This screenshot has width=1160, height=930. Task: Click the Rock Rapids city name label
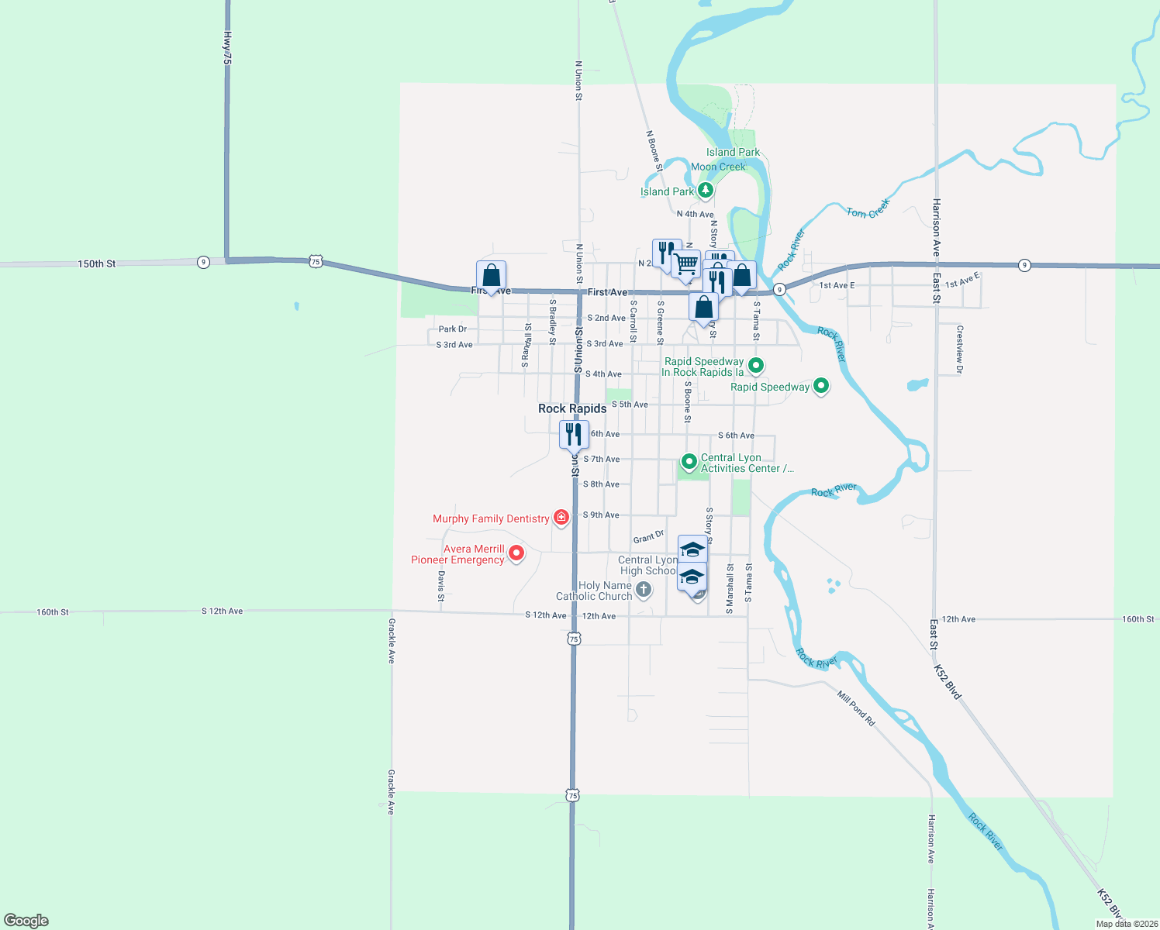coord(572,408)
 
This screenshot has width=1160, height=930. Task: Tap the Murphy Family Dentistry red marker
coord(561,518)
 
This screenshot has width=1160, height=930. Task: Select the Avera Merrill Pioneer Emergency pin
coord(516,553)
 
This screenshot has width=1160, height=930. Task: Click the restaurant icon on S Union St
coord(574,435)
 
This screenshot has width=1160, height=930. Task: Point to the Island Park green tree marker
coord(705,190)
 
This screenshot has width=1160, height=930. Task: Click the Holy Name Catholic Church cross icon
coord(643,591)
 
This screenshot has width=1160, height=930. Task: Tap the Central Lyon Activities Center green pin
coord(688,462)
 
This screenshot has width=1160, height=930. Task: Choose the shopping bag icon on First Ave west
coord(491,275)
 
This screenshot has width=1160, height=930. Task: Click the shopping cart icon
coord(686,264)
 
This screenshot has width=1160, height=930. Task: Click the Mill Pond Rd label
coord(856,708)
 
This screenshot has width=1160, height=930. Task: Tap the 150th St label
coord(96,264)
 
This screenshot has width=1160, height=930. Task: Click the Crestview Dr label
coord(959,350)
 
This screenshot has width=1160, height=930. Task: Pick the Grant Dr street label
coord(648,537)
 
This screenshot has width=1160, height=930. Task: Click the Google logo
coord(26,921)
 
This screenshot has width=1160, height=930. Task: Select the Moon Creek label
coord(718,167)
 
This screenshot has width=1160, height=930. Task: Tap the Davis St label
coord(440,586)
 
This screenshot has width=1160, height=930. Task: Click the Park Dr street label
coord(453,329)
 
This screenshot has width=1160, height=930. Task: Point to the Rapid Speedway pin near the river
coord(821,385)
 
